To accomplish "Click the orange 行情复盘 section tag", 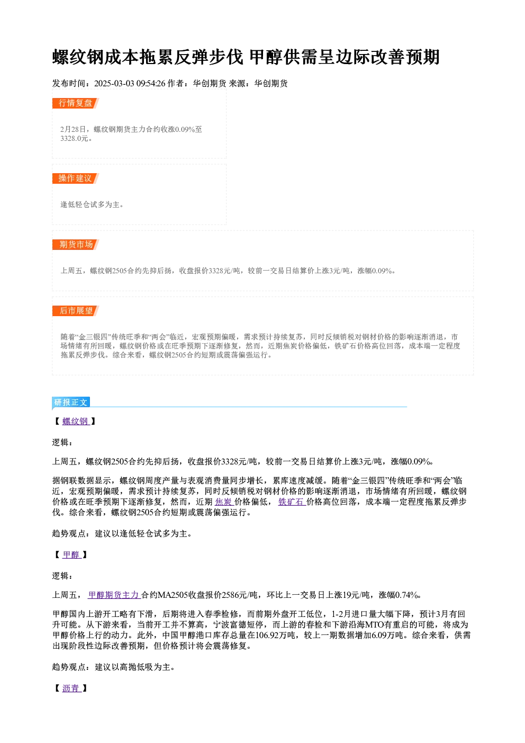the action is click(76, 103).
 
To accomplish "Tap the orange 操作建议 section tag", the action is click(76, 178).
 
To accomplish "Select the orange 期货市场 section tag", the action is click(76, 245).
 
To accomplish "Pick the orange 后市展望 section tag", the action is click(76, 311).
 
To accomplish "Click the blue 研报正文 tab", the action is click(71, 402).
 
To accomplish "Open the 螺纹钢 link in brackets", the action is click(76, 421).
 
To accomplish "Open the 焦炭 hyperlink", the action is click(224, 502).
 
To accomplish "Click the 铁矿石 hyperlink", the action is click(292, 502).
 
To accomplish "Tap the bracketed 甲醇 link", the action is click(71, 554).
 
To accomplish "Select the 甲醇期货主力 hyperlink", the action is click(114, 595).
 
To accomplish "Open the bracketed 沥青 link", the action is click(71, 688).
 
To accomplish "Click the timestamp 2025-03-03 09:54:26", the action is click(130, 84).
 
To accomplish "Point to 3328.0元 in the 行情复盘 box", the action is click(75, 138).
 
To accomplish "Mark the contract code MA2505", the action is click(173, 595).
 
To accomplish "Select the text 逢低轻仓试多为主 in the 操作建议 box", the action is click(90, 204).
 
